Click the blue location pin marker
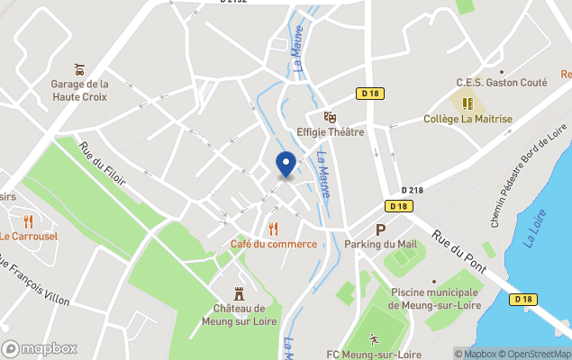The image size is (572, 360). (286, 165)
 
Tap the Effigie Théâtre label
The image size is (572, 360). (330, 132)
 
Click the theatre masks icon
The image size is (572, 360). (330, 116)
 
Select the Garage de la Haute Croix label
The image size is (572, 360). (79, 90)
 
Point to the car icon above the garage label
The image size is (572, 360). (79, 68)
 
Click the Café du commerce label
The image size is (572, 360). (274, 244)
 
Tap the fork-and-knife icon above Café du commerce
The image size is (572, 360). (274, 229)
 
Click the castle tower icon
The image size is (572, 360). (240, 293)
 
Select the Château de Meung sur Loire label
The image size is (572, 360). (240, 315)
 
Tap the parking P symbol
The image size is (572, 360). (380, 229)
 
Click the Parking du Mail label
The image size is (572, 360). (381, 244)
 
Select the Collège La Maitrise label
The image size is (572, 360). (468, 119)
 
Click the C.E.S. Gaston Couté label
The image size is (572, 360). (502, 82)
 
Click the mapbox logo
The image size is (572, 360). (41, 348)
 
